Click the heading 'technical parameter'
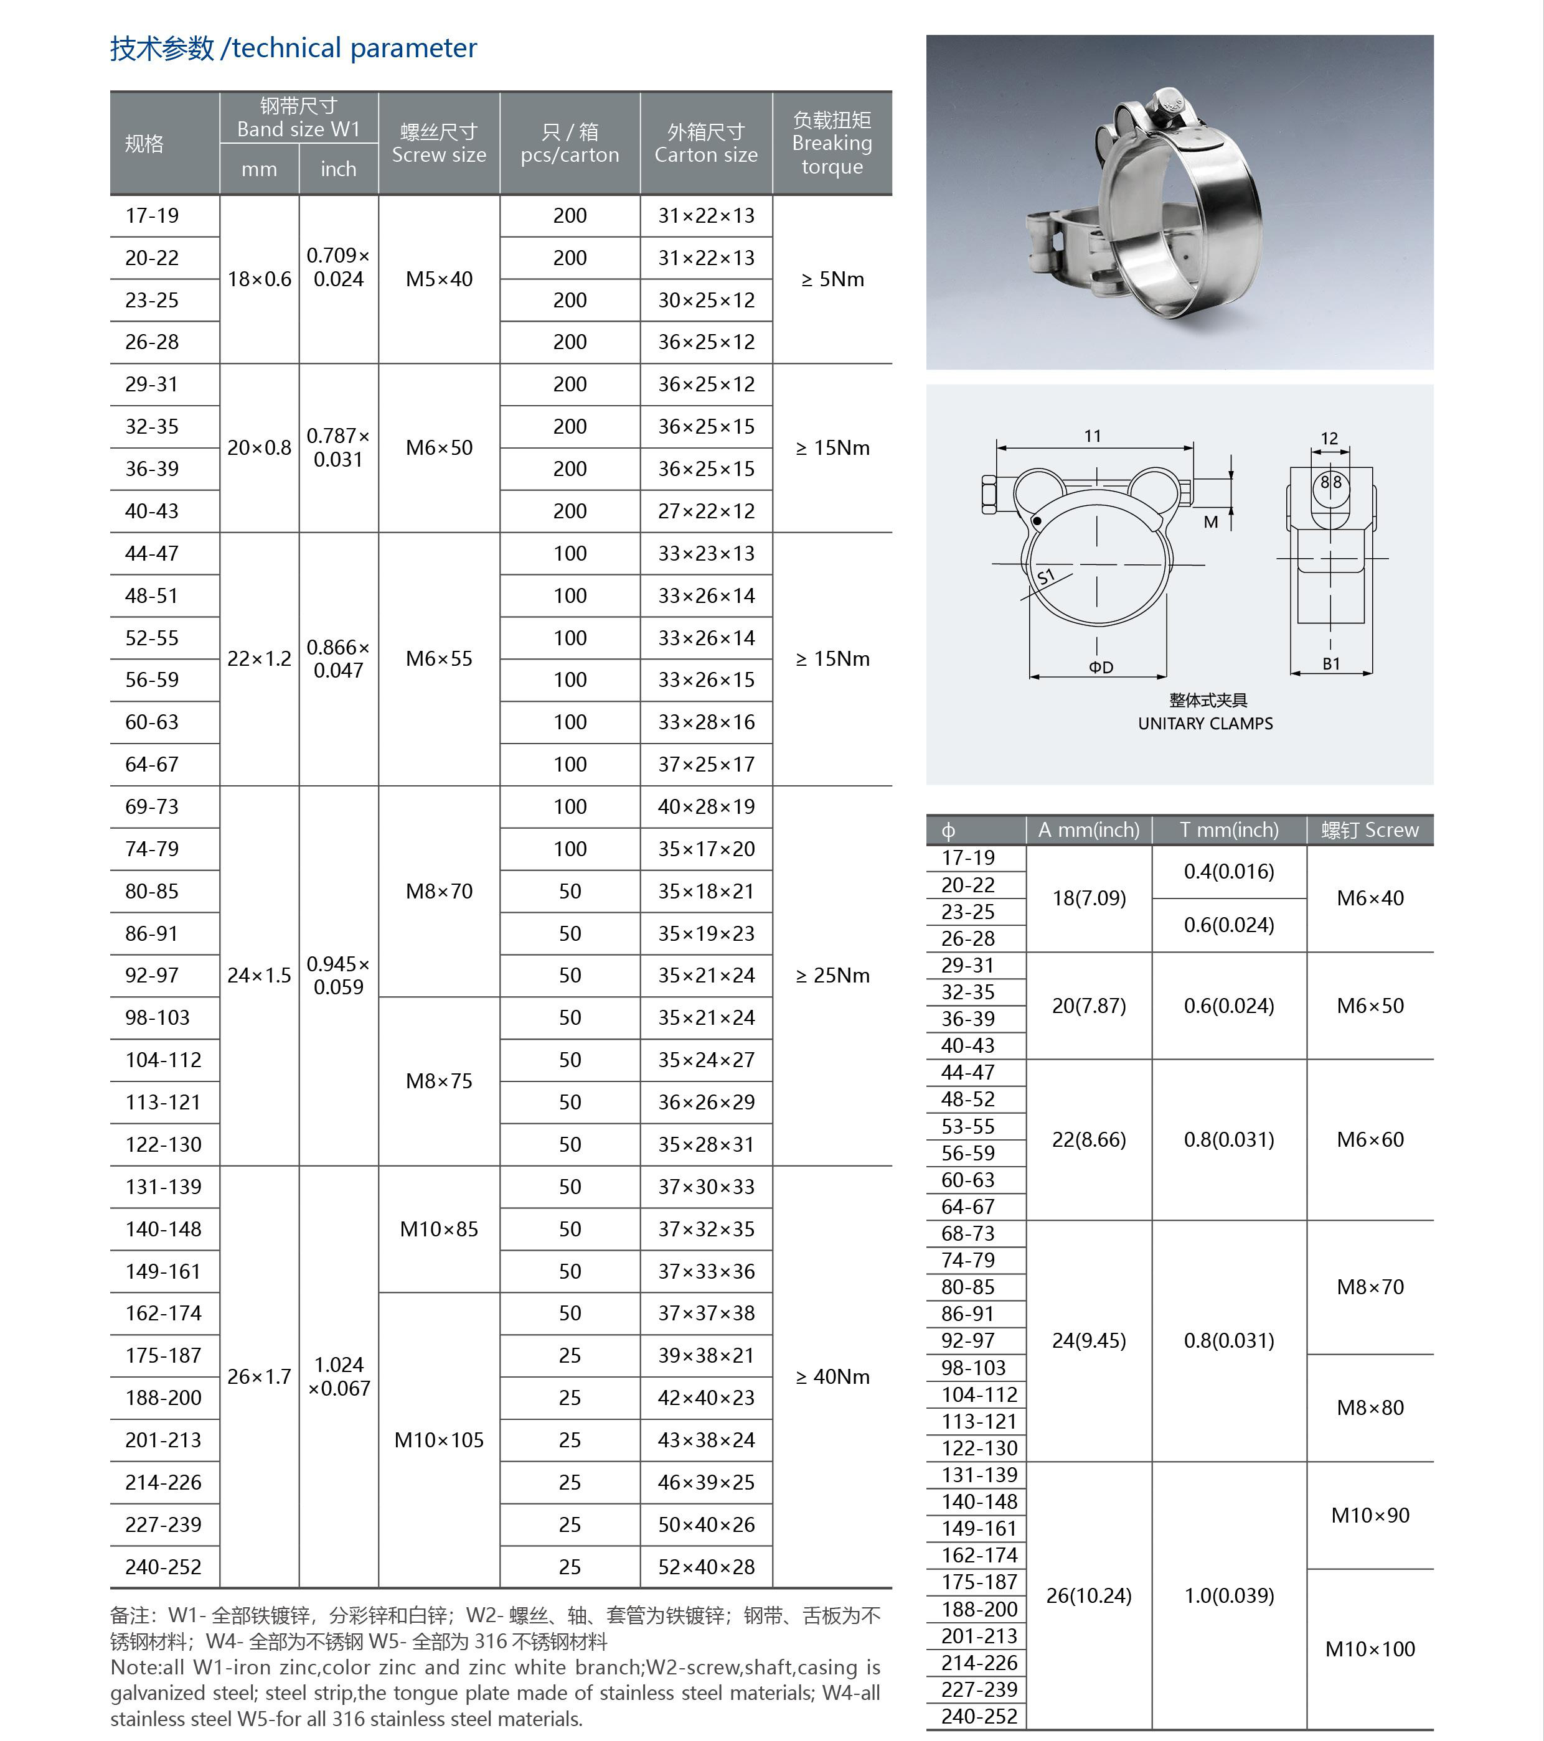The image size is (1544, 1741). [354, 49]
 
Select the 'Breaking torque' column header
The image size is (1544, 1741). [832, 143]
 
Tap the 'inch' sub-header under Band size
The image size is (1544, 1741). [338, 169]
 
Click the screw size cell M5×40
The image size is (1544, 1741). [439, 279]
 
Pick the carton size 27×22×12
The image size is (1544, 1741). [705, 511]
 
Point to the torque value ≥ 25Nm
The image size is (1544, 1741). [832, 975]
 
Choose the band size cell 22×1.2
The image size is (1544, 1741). [259, 658]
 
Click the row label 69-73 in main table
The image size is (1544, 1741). [152, 806]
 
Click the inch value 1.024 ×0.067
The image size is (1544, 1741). [338, 1376]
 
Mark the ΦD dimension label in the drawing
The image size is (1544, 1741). [1100, 667]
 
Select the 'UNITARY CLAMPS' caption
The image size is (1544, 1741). [1205, 723]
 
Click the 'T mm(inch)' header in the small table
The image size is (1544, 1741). [1229, 829]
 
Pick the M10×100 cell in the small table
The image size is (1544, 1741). [1369, 1649]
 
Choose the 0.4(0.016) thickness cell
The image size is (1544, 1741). [1229, 871]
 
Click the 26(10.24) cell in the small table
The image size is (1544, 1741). [1088, 1595]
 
